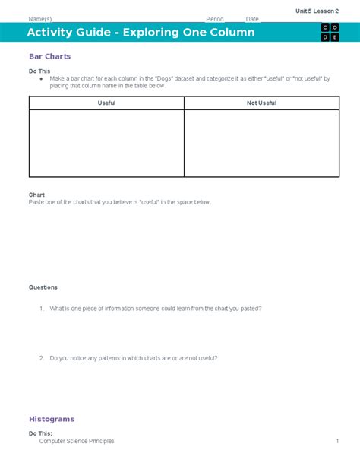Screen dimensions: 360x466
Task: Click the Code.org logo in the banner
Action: pos(330,33)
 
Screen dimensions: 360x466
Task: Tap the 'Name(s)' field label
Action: pos(40,18)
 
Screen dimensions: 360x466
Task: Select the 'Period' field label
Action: pos(215,18)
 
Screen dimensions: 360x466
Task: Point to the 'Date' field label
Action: pos(252,18)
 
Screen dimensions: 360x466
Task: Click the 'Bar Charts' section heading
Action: pos(49,56)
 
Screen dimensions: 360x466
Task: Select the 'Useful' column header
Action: pos(106,103)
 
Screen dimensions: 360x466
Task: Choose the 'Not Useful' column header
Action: pos(262,103)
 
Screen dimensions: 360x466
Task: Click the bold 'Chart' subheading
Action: pos(36,195)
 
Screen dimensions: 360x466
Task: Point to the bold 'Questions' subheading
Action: pos(43,287)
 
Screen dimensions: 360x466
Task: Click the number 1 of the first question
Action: pos(41,309)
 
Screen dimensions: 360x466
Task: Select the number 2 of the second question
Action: pos(41,357)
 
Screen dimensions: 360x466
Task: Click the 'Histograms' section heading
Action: pos(52,419)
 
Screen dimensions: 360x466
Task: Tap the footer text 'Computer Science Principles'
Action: pos(77,441)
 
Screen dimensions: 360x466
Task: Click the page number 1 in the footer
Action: pos(336,441)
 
